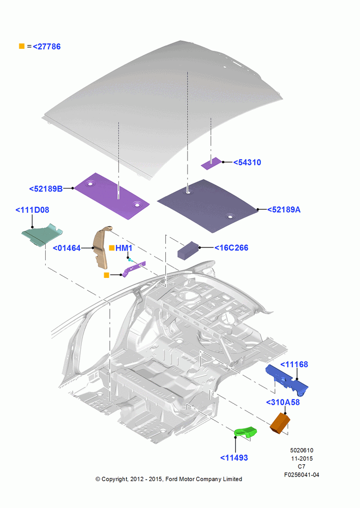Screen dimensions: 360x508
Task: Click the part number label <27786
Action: tap(47, 47)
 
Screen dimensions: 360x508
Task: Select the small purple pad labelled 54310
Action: tap(212, 163)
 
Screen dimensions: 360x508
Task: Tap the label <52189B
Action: tap(46, 188)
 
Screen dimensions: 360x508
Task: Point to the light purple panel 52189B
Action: tap(112, 196)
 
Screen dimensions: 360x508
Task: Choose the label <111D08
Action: tap(33, 210)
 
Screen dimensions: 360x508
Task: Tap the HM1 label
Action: tap(124, 248)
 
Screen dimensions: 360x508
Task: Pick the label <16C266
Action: tap(231, 248)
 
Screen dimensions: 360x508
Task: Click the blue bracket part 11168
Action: tap(287, 380)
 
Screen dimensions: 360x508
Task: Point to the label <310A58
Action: tap(283, 402)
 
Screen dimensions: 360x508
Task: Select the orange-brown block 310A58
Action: tap(280, 423)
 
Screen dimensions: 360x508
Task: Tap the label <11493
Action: tap(234, 458)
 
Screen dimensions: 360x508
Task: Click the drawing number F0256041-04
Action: tap(302, 475)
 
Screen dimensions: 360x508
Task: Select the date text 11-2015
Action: tap(302, 458)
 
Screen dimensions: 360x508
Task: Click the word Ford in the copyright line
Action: tap(171, 479)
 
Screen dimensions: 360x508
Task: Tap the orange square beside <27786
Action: tap(22, 46)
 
